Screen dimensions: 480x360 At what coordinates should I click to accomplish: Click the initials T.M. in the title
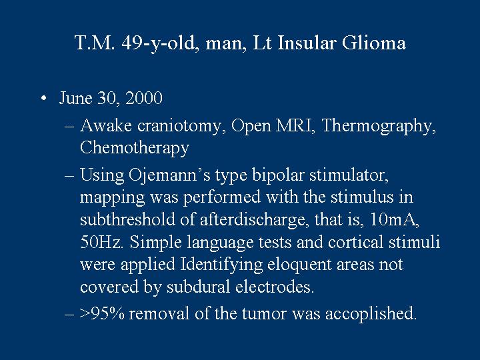pyautogui.click(x=95, y=43)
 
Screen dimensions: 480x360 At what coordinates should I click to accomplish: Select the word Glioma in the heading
pyautogui.click(x=374, y=43)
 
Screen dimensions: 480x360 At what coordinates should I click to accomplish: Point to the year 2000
pyautogui.click(x=144, y=98)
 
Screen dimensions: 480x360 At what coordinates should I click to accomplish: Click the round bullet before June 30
pyautogui.click(x=44, y=99)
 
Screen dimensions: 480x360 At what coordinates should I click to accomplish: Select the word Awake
pyautogui.click(x=106, y=125)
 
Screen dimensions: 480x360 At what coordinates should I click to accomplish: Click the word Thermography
pyautogui.click(x=379, y=127)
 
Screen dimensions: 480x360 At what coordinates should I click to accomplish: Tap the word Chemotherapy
pyautogui.click(x=135, y=149)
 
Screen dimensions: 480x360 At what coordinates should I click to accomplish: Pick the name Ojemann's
pyautogui.click(x=169, y=176)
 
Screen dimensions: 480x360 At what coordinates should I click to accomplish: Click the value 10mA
pyautogui.click(x=394, y=219)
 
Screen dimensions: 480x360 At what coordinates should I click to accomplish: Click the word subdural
pyautogui.click(x=199, y=287)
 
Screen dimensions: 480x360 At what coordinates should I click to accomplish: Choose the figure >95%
pyautogui.click(x=102, y=313)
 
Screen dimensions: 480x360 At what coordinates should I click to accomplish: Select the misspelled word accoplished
pyautogui.click(x=371, y=314)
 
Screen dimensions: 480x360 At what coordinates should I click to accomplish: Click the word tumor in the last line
pyautogui.click(x=264, y=314)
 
